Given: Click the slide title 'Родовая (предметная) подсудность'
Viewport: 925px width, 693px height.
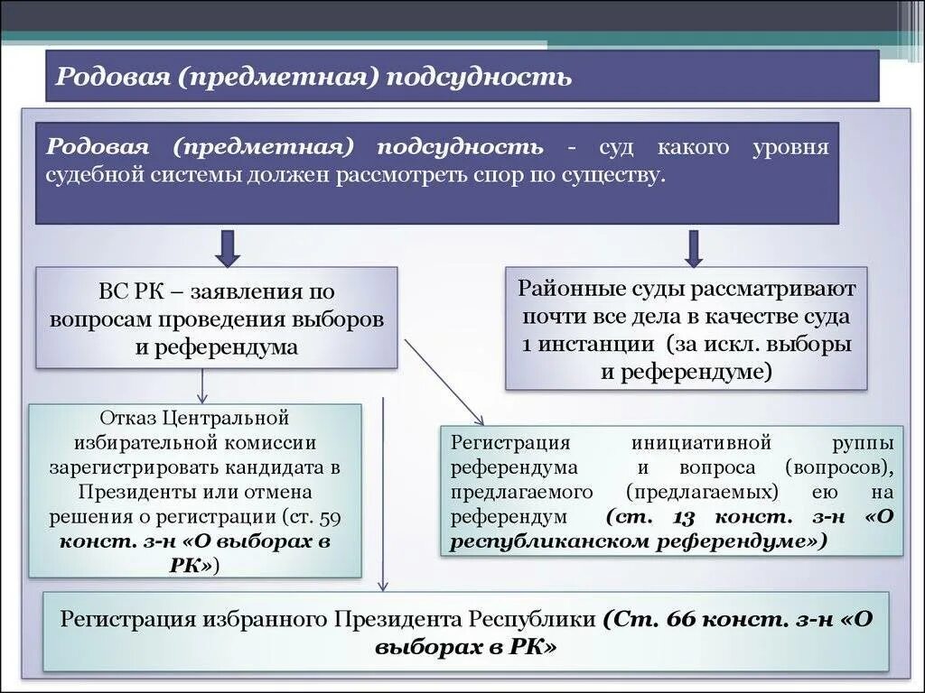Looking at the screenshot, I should click(x=313, y=76).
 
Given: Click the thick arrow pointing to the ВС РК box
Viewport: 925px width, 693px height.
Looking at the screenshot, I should click(x=228, y=248).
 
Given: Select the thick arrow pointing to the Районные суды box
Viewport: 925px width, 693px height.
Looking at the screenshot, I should click(x=694, y=248).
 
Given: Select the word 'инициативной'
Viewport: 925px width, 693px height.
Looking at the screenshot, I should click(x=701, y=443).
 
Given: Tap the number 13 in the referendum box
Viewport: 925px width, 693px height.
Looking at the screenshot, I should click(x=683, y=517).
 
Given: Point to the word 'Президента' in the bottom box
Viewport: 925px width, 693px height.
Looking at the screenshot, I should click(x=398, y=620).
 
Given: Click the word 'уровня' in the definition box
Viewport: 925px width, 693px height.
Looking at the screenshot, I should click(x=791, y=147).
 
